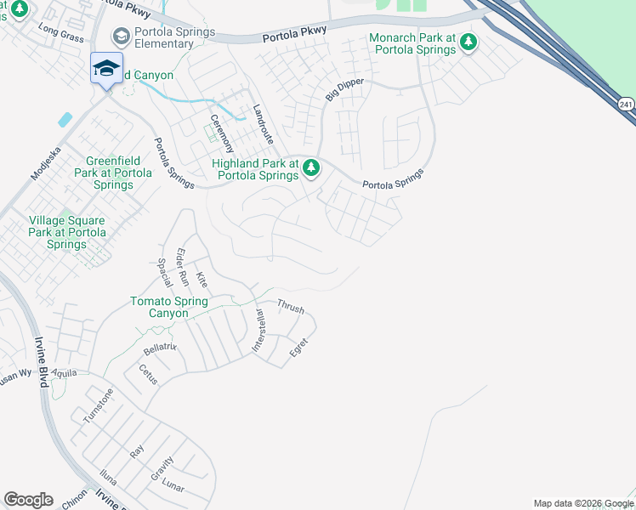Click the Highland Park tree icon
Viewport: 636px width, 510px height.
pos(311,169)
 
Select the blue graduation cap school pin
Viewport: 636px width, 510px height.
pos(106,68)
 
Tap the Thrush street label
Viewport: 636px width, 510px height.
pos(291,306)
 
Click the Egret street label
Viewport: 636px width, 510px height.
pos(298,348)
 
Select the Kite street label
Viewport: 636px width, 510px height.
pos(202,280)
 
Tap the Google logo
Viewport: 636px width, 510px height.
pos(28,500)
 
